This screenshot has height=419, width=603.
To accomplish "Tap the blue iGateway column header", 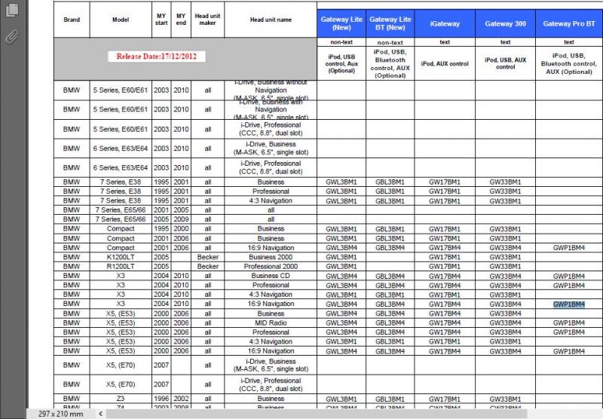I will (x=445, y=24).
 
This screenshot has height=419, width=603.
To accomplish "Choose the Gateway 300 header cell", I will (x=505, y=24).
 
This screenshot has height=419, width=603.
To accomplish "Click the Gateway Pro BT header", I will (x=568, y=24).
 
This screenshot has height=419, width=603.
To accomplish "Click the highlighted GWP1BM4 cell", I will (x=568, y=304).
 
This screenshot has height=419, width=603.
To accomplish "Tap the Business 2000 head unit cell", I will (x=271, y=257).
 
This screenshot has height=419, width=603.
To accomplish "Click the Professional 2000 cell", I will (x=271, y=267).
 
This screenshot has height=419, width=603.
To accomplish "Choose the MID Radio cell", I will (x=271, y=323).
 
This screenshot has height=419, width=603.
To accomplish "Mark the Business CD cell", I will (x=271, y=276).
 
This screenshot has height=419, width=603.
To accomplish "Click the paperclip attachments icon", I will (x=11, y=35).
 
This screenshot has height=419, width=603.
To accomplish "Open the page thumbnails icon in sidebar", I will (x=11, y=11).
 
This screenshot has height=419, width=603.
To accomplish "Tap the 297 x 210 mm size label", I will (x=55, y=414).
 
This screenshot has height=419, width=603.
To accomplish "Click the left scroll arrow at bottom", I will (x=101, y=414).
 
